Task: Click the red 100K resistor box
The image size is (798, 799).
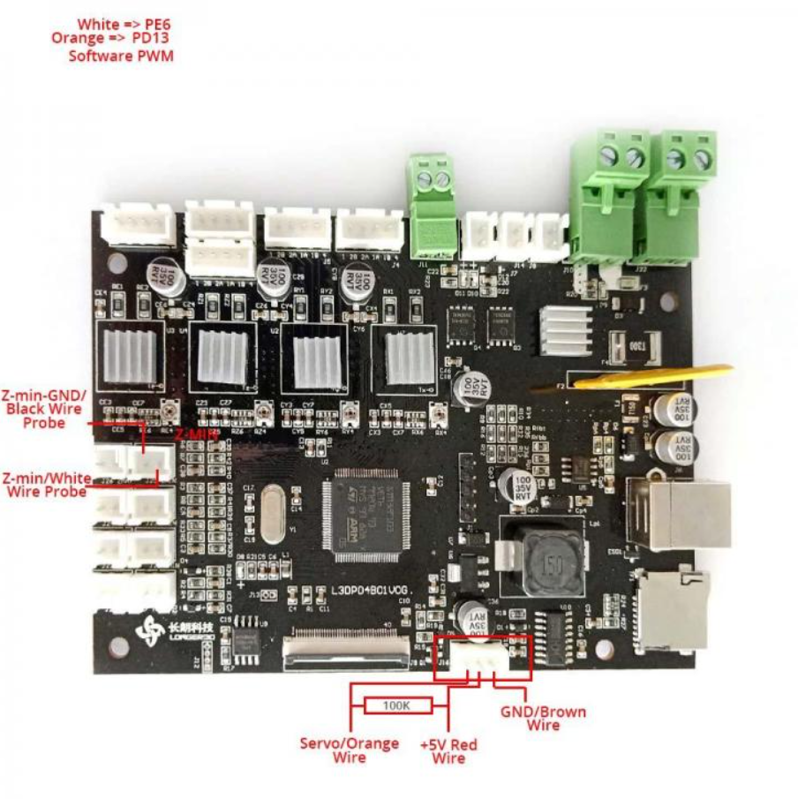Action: [x=395, y=705]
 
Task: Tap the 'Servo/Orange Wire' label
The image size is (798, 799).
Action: [x=350, y=750]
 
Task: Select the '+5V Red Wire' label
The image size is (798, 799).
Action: [x=448, y=751]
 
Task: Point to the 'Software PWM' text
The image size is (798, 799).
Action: [x=121, y=56]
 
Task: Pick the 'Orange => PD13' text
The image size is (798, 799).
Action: [x=112, y=39]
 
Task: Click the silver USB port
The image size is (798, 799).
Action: [x=679, y=515]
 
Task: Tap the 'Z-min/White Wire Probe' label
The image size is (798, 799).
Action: [x=46, y=484]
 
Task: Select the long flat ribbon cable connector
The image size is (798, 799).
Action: [x=347, y=652]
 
